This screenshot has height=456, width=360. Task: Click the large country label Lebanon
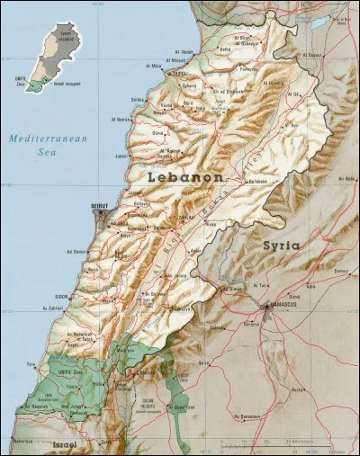(x=183, y=178)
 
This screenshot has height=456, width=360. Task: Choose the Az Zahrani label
(x=52, y=308)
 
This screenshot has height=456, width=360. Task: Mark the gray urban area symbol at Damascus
(x=268, y=308)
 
